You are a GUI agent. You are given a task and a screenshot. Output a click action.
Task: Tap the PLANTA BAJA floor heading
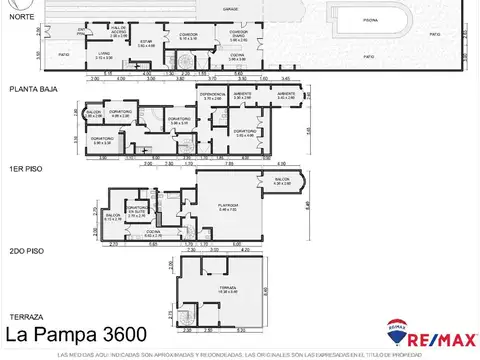click(x=31, y=89)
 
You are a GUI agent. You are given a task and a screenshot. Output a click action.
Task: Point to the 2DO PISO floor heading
click(x=24, y=251)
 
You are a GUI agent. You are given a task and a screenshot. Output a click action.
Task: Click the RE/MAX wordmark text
click(x=441, y=330)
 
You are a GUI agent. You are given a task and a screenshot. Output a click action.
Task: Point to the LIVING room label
click(x=103, y=55)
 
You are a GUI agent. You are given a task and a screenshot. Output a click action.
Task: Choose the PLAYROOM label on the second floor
click(x=227, y=208)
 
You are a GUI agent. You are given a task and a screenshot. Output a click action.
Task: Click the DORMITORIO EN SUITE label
click(x=139, y=212)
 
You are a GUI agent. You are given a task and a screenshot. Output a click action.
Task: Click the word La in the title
click(x=18, y=332)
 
